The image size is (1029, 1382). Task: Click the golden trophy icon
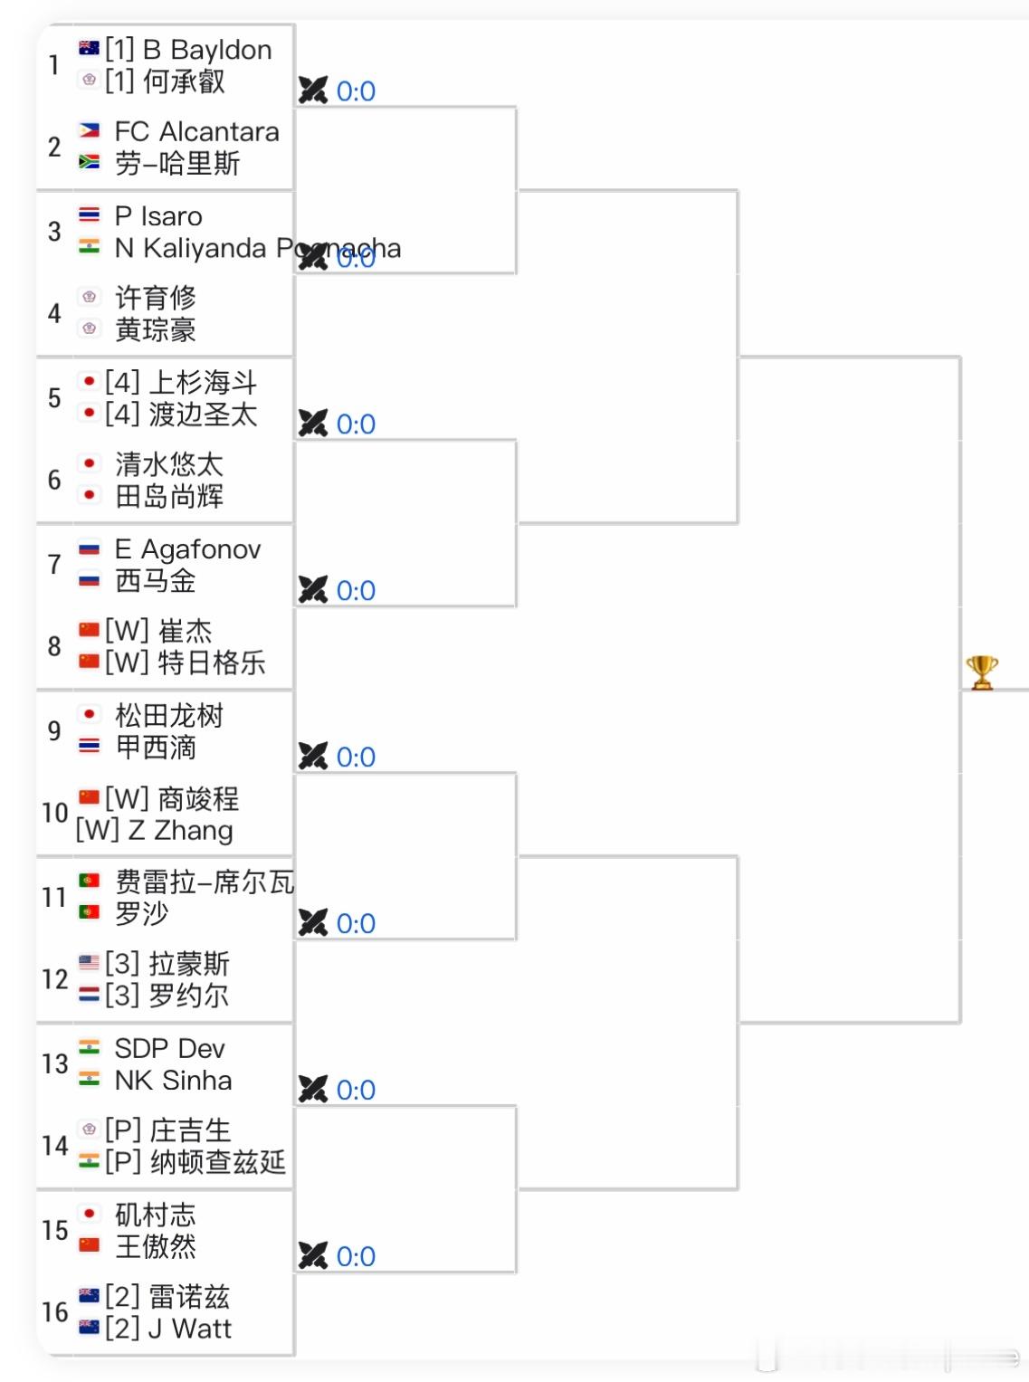pyautogui.click(x=982, y=672)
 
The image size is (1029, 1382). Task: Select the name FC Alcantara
pyautogui.click(x=196, y=132)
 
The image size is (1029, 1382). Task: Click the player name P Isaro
pyautogui.click(x=158, y=216)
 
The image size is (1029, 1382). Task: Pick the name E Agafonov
pyautogui.click(x=187, y=549)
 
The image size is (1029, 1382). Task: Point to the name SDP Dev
pyautogui.click(x=169, y=1049)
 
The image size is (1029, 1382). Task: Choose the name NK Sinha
pyautogui.click(x=173, y=1081)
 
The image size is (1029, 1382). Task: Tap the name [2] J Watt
pyautogui.click(x=168, y=1329)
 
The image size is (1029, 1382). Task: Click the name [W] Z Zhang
pyautogui.click(x=154, y=831)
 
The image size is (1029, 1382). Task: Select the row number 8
pyautogui.click(x=54, y=646)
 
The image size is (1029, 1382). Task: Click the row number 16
pyautogui.click(x=54, y=1312)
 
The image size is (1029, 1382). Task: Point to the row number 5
pyautogui.click(x=54, y=397)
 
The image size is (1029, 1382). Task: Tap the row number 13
pyautogui.click(x=54, y=1063)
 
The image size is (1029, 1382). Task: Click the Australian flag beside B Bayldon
pyautogui.click(x=89, y=48)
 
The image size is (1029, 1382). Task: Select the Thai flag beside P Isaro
pyautogui.click(x=89, y=215)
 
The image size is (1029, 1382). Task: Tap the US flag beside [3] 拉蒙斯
pyautogui.click(x=89, y=962)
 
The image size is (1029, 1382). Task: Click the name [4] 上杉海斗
pyautogui.click(x=181, y=383)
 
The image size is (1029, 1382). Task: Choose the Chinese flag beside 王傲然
pyautogui.click(x=89, y=1245)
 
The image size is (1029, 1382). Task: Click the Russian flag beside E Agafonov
pyautogui.click(x=89, y=548)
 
